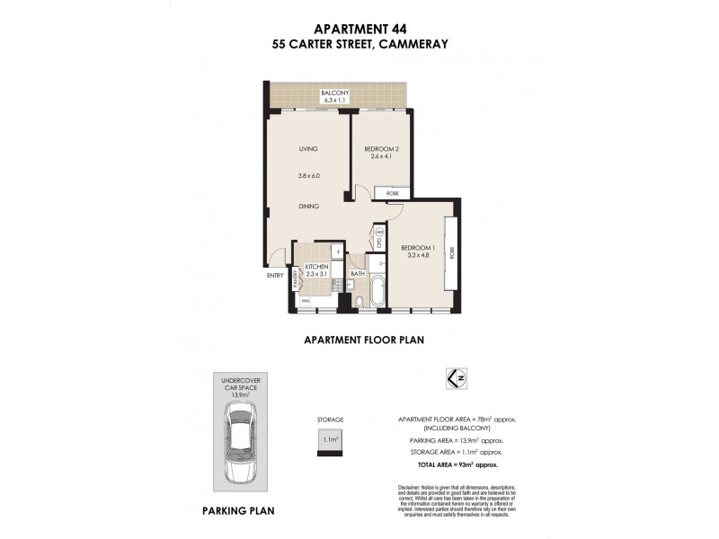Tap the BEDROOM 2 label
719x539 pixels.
(382, 148)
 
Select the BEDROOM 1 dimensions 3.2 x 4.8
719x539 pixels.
(418, 255)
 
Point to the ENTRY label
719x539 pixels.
(275, 275)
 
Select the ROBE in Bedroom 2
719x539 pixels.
(393, 193)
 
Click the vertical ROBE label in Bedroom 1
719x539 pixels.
(452, 253)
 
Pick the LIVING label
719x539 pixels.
(309, 148)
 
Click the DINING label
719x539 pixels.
(309, 206)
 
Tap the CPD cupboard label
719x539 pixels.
(379, 242)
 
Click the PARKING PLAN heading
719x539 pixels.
(237, 510)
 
